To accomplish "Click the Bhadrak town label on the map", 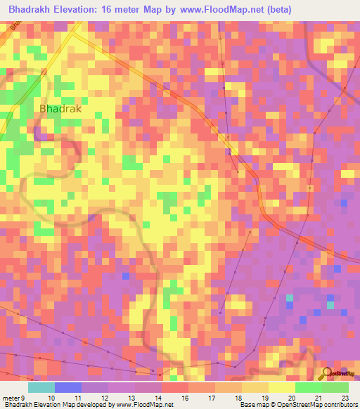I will tap(60, 109).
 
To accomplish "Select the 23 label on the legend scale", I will tap(345, 398).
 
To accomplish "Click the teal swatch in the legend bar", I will tap(41, 387).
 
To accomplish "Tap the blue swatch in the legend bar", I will tap(68, 387).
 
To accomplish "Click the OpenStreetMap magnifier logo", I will tap(327, 372).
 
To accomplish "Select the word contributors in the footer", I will tap(340, 405).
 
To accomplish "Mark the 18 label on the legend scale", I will tap(228, 398).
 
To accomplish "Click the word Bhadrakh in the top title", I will tap(29, 8).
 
